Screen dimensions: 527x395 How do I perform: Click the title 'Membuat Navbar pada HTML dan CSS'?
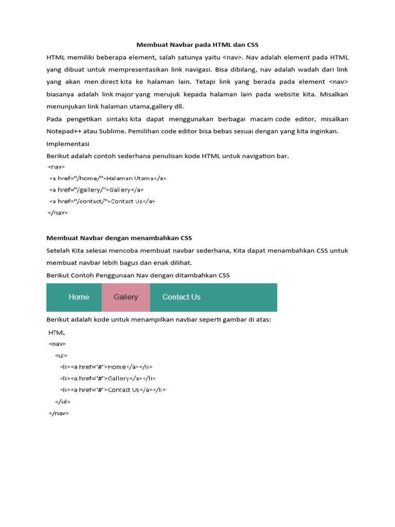pyautogui.click(x=197, y=45)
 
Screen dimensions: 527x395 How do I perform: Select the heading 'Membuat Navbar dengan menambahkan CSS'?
pyautogui.click(x=119, y=238)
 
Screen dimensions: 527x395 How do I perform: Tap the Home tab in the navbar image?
pyautogui.click(x=79, y=297)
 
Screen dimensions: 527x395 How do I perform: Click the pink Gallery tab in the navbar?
pyautogui.click(x=126, y=297)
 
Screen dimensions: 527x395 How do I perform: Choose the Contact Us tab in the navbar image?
pyautogui.click(x=181, y=297)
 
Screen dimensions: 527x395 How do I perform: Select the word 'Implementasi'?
pyautogui.click(x=68, y=144)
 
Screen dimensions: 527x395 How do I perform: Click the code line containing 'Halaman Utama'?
pyautogui.click(x=107, y=178)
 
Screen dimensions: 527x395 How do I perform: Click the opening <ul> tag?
pyautogui.click(x=61, y=356)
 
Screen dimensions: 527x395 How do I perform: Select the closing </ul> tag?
pyautogui.click(x=62, y=401)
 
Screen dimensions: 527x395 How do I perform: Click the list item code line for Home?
pyautogui.click(x=106, y=367)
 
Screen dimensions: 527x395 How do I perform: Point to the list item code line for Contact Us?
pyautogui.click(x=113, y=390)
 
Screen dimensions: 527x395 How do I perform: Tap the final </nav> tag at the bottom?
pyautogui.click(x=59, y=413)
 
